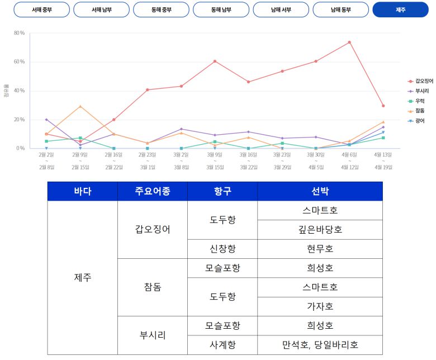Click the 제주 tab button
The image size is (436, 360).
coord(400,10)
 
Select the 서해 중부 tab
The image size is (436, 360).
coord(42,10)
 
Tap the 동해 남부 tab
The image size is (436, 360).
coord(221,10)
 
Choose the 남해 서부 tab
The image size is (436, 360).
coord(281,10)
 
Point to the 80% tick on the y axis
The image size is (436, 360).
coord(19,33)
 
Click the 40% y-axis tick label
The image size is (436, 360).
coord(19,91)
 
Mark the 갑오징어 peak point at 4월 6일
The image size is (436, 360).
coord(349,42)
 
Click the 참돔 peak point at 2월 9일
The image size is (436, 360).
coord(80,106)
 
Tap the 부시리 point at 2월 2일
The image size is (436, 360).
coord(46,120)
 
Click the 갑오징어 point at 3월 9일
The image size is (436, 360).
coord(215,61)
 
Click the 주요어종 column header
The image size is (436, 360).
coord(152,192)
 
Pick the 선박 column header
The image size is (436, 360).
coord(320,192)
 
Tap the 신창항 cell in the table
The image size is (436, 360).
coord(222,248)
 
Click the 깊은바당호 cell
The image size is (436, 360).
coord(320,229)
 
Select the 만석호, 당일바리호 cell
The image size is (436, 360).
coord(320,344)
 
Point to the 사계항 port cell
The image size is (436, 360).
coord(222,344)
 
